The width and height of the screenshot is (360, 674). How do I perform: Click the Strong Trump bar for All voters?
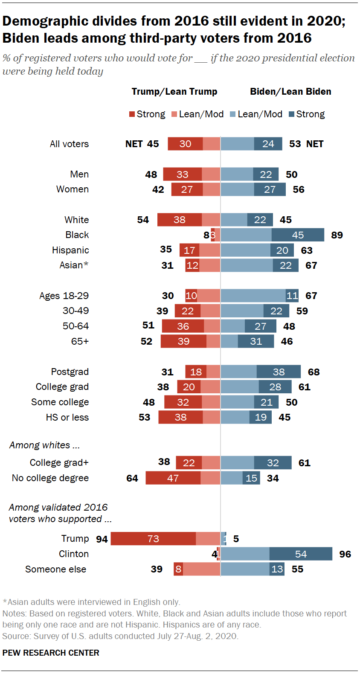[185, 144]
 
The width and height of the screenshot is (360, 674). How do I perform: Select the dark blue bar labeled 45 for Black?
[298, 235]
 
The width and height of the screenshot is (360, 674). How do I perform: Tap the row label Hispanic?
[70, 250]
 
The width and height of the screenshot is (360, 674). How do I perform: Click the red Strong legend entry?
[147, 114]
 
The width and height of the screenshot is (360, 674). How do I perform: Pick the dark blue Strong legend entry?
[307, 114]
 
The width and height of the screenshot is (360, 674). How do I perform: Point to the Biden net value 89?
[337, 235]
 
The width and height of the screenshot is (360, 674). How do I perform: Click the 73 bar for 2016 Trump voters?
[153, 539]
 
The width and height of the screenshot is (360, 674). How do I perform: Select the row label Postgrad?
[70, 372]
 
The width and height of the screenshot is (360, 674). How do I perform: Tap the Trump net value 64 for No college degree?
[132, 478]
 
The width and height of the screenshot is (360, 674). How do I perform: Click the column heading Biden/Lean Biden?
[290, 92]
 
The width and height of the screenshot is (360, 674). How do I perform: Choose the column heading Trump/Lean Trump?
[174, 92]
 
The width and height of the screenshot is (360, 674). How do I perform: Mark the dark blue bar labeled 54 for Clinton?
[301, 554]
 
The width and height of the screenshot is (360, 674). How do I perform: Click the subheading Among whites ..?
[44, 445]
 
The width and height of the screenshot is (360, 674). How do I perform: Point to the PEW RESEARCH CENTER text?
[51, 653]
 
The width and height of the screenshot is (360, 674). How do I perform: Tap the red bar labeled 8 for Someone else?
[178, 569]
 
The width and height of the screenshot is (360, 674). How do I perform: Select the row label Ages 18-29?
[64, 296]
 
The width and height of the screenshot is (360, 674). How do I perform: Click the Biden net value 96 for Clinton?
[345, 554]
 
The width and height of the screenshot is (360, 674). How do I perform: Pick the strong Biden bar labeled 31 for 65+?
[256, 341]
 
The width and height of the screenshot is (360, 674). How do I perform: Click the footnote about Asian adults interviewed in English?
[92, 602]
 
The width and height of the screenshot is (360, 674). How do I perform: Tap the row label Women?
[73, 189]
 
